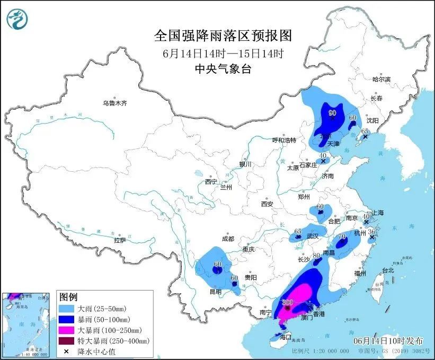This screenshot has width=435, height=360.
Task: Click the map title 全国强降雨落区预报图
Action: [x=223, y=36]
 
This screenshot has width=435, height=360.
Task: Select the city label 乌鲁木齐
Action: [x=115, y=103]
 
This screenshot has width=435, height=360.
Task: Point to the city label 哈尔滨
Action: [x=380, y=79]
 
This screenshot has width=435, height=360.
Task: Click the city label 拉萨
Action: [x=120, y=240]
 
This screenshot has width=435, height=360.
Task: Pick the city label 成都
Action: [x=228, y=239]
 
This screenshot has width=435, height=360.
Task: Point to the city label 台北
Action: [x=387, y=270]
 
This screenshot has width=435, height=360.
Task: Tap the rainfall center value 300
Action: [x=288, y=302]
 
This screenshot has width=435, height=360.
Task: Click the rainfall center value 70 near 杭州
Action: [x=342, y=236]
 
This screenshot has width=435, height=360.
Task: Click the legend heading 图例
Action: [x=68, y=296]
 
